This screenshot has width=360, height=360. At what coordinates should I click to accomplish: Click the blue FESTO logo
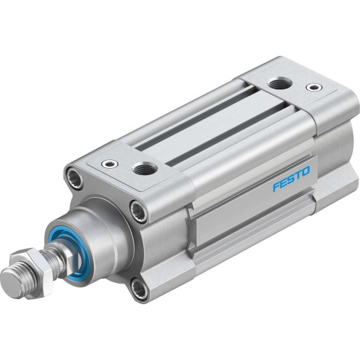pyautogui.click(x=291, y=179)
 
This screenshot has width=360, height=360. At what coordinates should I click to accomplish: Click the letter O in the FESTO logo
pyautogui.click(x=306, y=171)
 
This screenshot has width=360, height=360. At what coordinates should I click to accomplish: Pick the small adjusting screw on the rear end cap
pyautogui.click(x=315, y=88)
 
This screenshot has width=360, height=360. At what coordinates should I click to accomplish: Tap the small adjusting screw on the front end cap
pyautogui.click(x=110, y=163)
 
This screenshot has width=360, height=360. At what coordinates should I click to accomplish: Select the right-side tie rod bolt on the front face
pyautogui.click(x=138, y=211)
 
